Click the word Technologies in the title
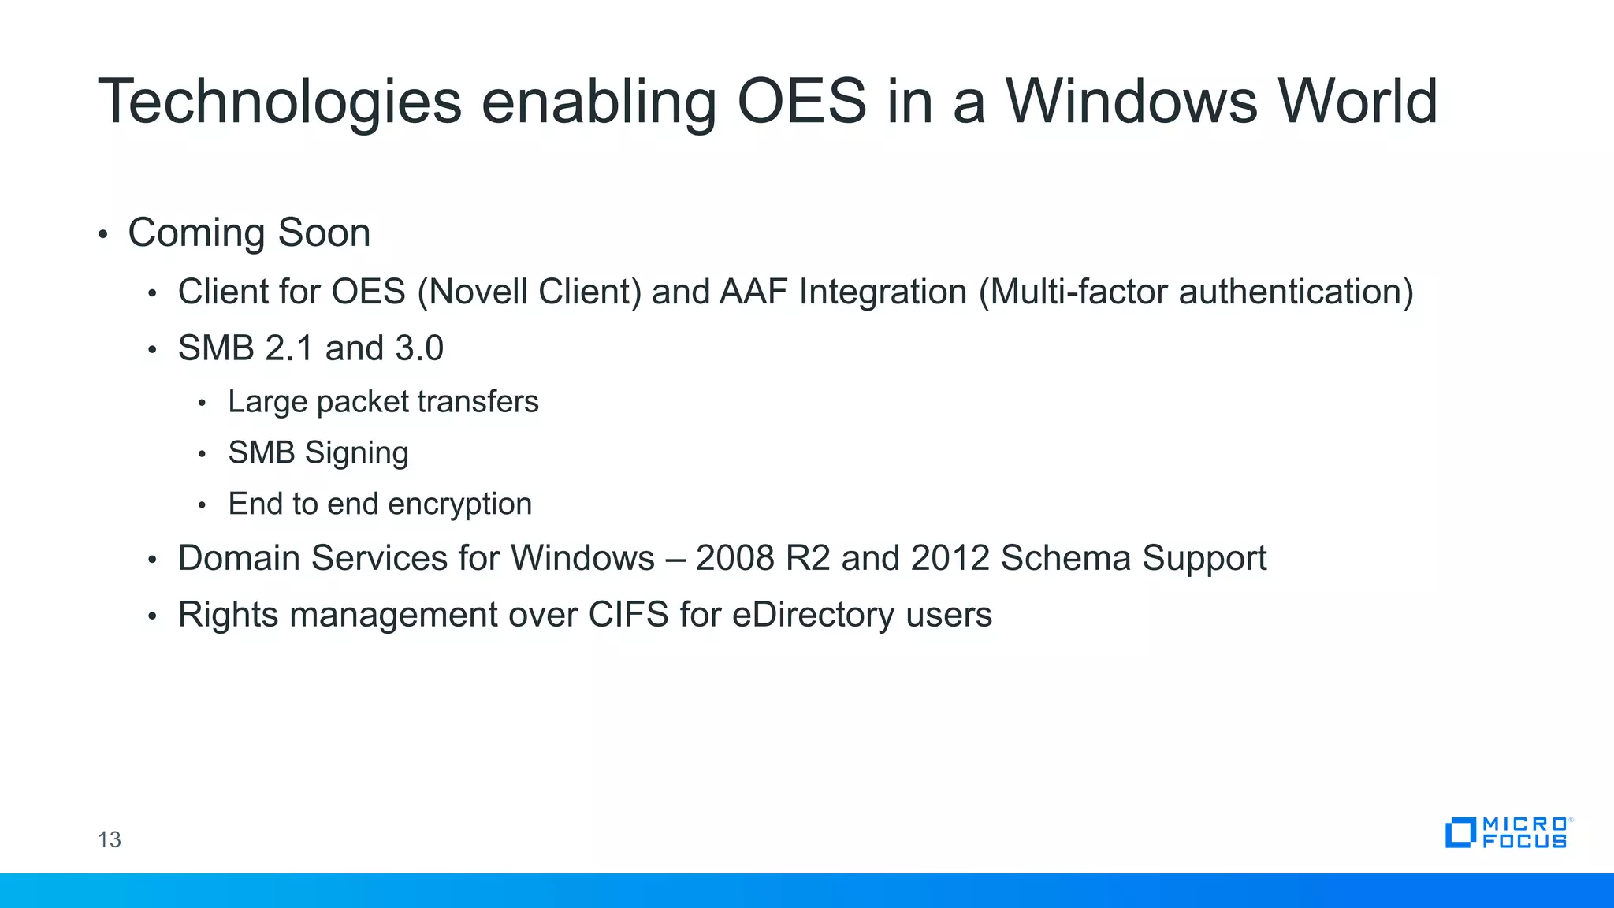(x=279, y=102)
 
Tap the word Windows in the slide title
(x=1131, y=102)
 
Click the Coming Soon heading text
(x=249, y=233)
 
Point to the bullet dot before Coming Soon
(x=102, y=235)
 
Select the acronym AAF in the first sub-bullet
(x=753, y=292)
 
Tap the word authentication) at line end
(x=1296, y=292)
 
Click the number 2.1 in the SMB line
(x=289, y=348)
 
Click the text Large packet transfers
(x=383, y=402)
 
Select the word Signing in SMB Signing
(x=356, y=453)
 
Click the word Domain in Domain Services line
(x=239, y=558)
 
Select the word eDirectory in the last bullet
(x=813, y=615)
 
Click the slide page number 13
(x=110, y=839)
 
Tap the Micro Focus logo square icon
(x=1460, y=832)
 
